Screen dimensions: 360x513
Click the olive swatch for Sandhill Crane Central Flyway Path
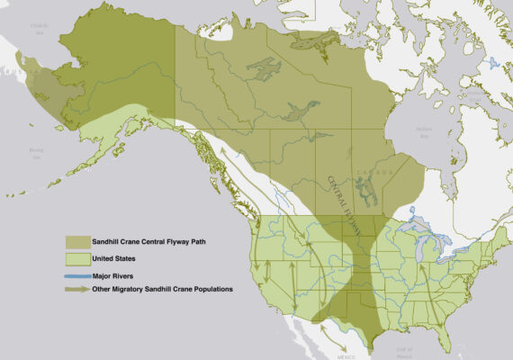[76, 242]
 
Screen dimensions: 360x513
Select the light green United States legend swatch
[76, 258]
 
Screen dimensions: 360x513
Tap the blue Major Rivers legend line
[76, 274]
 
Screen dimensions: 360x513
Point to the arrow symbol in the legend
[76, 289]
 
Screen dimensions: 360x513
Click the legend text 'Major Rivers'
[112, 274]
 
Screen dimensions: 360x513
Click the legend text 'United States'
[112, 258]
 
